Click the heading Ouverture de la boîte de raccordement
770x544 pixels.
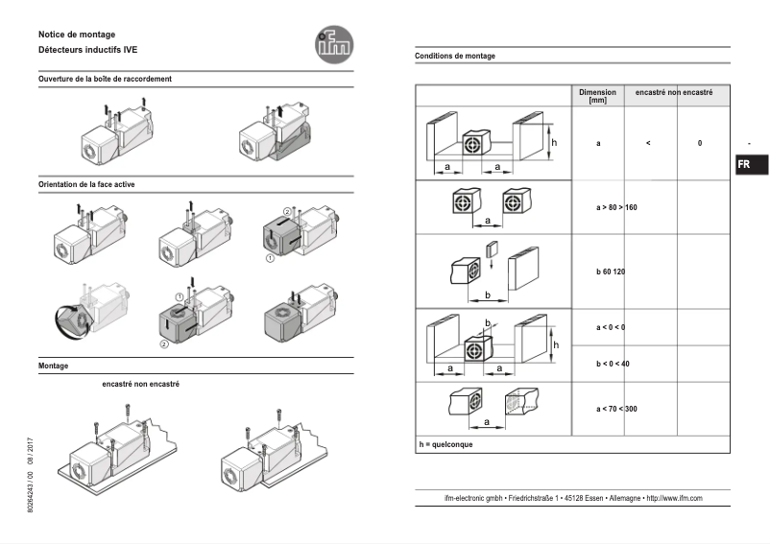106,79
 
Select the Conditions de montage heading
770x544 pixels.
455,57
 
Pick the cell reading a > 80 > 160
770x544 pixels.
611,207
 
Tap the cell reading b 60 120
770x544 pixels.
611,272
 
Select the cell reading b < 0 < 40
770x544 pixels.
613,364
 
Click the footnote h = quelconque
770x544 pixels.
445,444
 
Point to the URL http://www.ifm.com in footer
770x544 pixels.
675,498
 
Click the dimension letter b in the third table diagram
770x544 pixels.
488,294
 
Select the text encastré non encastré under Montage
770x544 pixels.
140,384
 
